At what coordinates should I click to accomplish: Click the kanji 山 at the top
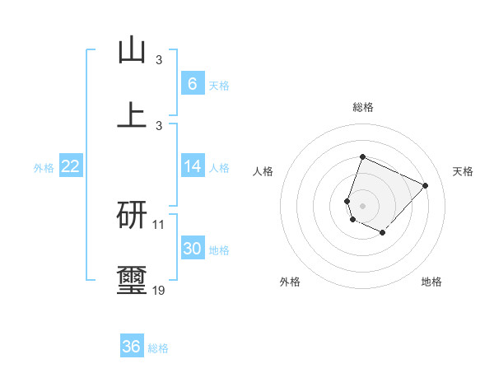coord(132,50)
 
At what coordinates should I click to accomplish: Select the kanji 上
coord(132,114)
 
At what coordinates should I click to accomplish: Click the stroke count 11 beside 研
coord(159,224)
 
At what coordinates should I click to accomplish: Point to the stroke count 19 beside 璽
coord(159,290)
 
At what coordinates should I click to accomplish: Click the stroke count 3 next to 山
coord(159,59)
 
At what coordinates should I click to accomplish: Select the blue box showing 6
coord(192,84)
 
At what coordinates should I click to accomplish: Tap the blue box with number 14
coord(192,166)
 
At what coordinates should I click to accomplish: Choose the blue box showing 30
coord(192,249)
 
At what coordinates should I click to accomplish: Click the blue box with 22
coord(70,166)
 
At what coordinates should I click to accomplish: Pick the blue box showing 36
coord(131,347)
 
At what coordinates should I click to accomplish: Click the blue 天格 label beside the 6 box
coord(219,86)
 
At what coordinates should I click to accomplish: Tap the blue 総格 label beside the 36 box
coord(158,348)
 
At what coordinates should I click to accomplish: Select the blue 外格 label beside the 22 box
coord(44,168)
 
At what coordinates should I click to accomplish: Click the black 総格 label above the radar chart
coord(363,107)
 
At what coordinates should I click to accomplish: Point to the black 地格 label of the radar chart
coord(431,282)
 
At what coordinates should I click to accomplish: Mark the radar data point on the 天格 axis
coord(426,185)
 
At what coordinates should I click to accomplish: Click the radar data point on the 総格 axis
coord(362,156)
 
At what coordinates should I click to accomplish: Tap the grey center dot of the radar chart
coord(362,205)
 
